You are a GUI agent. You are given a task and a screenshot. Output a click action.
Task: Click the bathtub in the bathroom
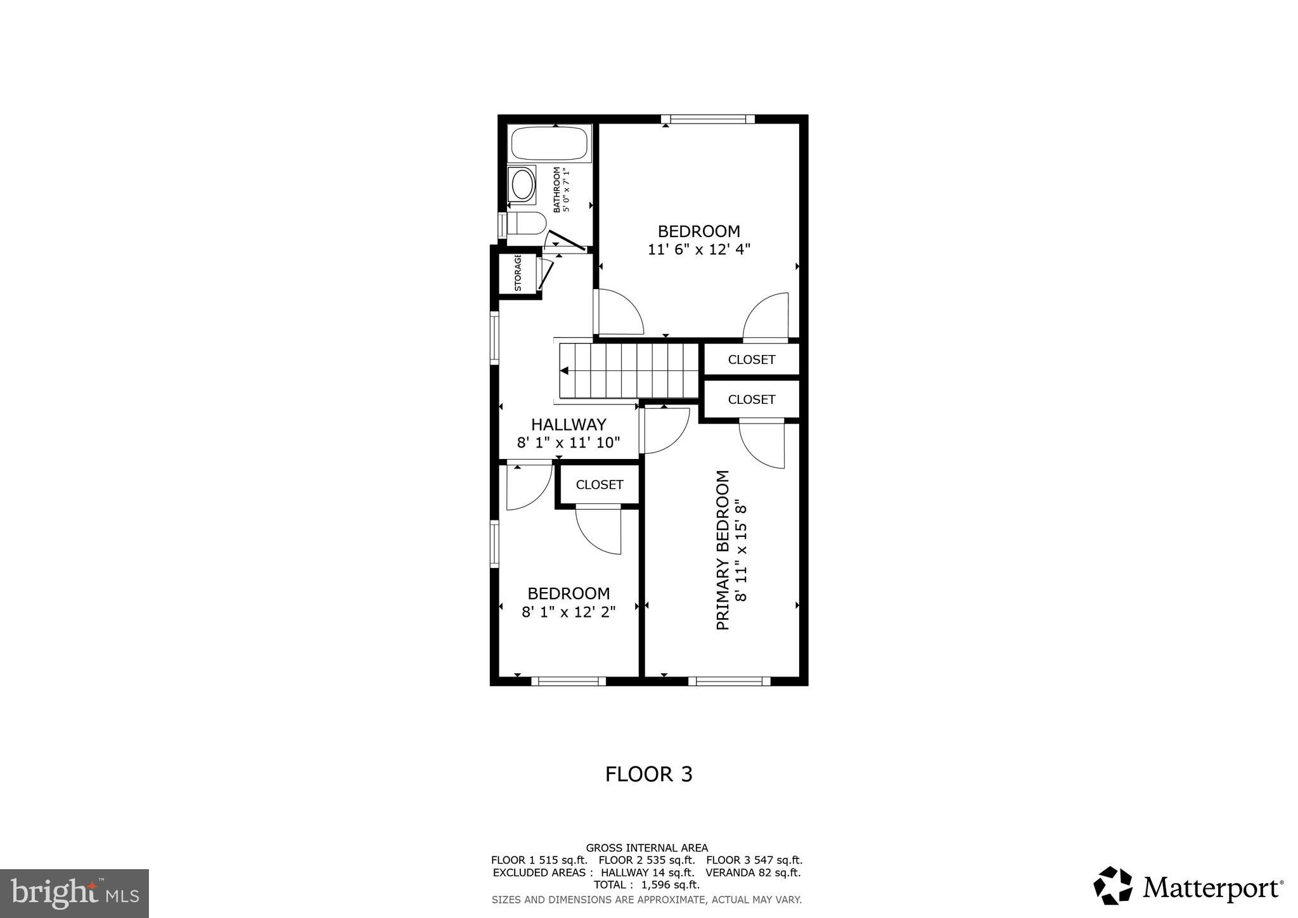[549, 144]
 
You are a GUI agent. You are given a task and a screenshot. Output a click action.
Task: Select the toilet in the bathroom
[526, 224]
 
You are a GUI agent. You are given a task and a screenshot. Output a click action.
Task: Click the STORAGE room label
[518, 273]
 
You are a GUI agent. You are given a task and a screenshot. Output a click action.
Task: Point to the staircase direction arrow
[564, 371]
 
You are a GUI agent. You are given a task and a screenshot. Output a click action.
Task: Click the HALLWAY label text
[569, 424]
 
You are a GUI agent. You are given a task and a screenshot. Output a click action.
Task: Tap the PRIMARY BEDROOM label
[723, 550]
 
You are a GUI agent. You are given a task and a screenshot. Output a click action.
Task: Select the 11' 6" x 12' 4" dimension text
[698, 250]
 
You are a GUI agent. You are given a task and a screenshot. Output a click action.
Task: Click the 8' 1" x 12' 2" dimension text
[569, 612]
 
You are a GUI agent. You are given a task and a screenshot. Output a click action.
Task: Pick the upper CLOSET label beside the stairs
[751, 359]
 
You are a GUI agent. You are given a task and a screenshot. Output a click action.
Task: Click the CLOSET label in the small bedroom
[599, 485]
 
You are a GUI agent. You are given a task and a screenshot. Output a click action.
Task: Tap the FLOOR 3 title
[648, 774]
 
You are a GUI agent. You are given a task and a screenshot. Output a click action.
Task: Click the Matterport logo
[1188, 886]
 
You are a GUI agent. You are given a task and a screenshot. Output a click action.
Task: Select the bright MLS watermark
[74, 893]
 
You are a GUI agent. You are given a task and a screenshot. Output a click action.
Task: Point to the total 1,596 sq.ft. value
[671, 885]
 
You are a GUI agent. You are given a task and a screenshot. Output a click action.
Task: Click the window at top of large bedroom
[707, 119]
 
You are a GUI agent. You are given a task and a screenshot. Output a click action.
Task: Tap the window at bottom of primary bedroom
[729, 682]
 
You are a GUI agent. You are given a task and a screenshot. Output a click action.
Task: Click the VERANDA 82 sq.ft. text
[752, 872]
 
